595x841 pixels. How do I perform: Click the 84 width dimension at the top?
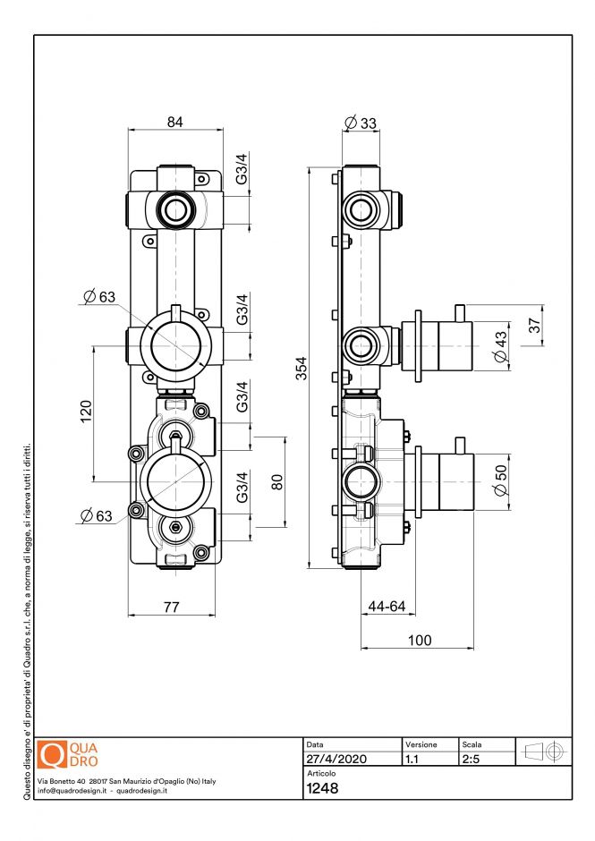[x=174, y=123]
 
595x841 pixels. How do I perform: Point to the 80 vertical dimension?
[x=277, y=480]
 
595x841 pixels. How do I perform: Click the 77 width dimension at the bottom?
[x=171, y=607]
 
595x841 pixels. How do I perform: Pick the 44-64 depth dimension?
[x=387, y=607]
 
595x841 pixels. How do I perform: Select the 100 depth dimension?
[x=419, y=640]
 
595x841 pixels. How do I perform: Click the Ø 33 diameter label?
[x=360, y=123]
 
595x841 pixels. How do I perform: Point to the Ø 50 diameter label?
[x=500, y=480]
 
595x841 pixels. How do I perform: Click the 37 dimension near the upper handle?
[x=534, y=327]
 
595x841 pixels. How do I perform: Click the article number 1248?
[x=322, y=789]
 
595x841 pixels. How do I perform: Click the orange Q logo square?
[x=55, y=754]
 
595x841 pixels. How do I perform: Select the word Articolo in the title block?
[x=321, y=773]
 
